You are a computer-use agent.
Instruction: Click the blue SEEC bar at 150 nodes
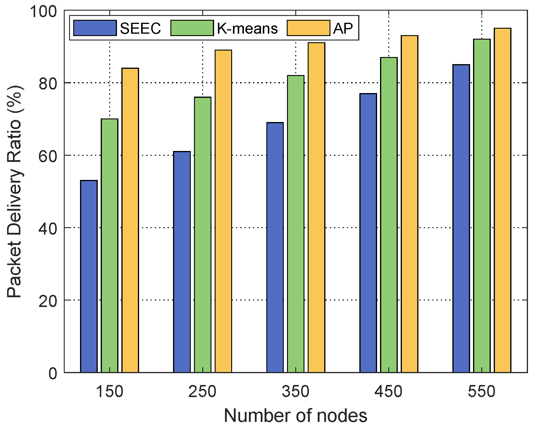pyautogui.click(x=89, y=276)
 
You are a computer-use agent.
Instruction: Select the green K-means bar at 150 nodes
pyautogui.click(x=110, y=245)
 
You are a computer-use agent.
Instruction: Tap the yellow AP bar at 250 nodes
pyautogui.click(x=223, y=211)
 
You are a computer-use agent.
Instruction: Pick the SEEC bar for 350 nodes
pyautogui.click(x=275, y=247)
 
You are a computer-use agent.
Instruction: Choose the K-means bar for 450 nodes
pyautogui.click(x=389, y=215)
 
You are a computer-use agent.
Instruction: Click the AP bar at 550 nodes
pyautogui.click(x=503, y=200)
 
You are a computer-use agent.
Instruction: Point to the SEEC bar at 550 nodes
pyautogui.click(x=461, y=218)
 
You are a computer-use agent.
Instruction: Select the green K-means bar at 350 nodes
pyautogui.click(x=296, y=224)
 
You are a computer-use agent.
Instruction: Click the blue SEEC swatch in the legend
pyautogui.click(x=95, y=28)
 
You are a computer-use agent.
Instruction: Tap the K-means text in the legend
pyautogui.click(x=247, y=28)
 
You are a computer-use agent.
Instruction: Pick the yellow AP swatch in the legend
pyautogui.click(x=308, y=28)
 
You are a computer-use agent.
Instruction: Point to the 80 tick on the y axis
pyautogui.click(x=48, y=83)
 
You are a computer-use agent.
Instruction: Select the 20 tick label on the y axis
pyautogui.click(x=48, y=301)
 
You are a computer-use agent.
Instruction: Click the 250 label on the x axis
pyautogui.click(x=203, y=392)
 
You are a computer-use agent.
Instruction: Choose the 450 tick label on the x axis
pyautogui.click(x=389, y=392)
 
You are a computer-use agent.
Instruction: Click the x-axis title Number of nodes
pyautogui.click(x=296, y=416)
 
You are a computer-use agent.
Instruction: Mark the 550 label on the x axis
pyautogui.click(x=482, y=392)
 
